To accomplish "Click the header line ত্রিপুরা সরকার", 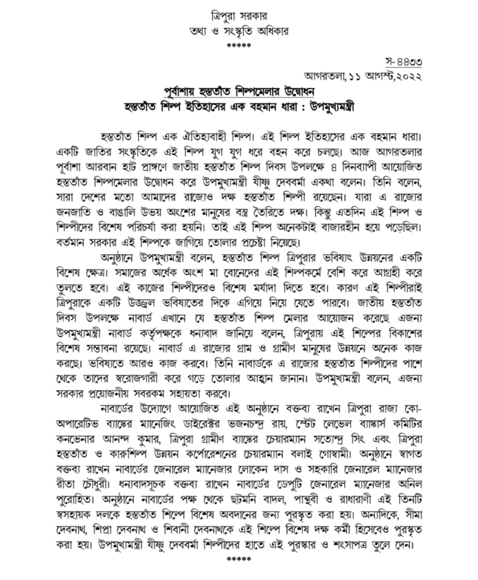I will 239,14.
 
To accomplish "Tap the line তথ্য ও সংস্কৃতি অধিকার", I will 239,30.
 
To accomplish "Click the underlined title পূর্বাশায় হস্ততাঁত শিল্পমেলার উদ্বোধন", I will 239,92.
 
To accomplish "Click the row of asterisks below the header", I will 239,45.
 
